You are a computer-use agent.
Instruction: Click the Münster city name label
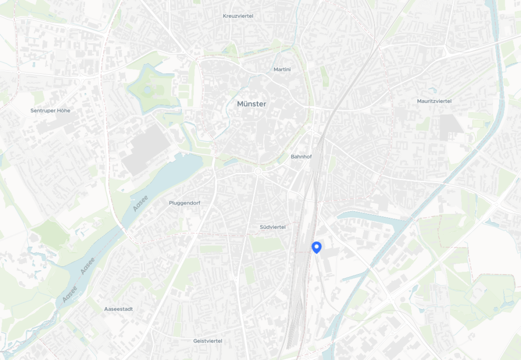point(251,104)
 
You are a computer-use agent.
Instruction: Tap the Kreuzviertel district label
point(238,16)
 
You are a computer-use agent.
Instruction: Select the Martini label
point(282,69)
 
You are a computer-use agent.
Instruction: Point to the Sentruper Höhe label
point(50,110)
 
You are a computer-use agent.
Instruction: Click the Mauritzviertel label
point(434,101)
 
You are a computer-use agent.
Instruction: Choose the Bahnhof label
point(301,157)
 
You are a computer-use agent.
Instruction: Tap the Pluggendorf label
point(184,203)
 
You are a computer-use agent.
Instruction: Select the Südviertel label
point(272,227)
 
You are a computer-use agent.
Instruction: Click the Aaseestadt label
point(118,309)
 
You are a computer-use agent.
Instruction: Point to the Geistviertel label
point(208,341)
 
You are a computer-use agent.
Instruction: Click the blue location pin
point(316,247)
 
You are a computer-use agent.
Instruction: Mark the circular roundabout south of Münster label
point(258,172)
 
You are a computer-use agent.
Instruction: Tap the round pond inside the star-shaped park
point(148,90)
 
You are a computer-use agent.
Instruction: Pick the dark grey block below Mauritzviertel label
point(450,126)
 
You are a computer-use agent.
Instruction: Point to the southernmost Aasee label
point(70,295)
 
